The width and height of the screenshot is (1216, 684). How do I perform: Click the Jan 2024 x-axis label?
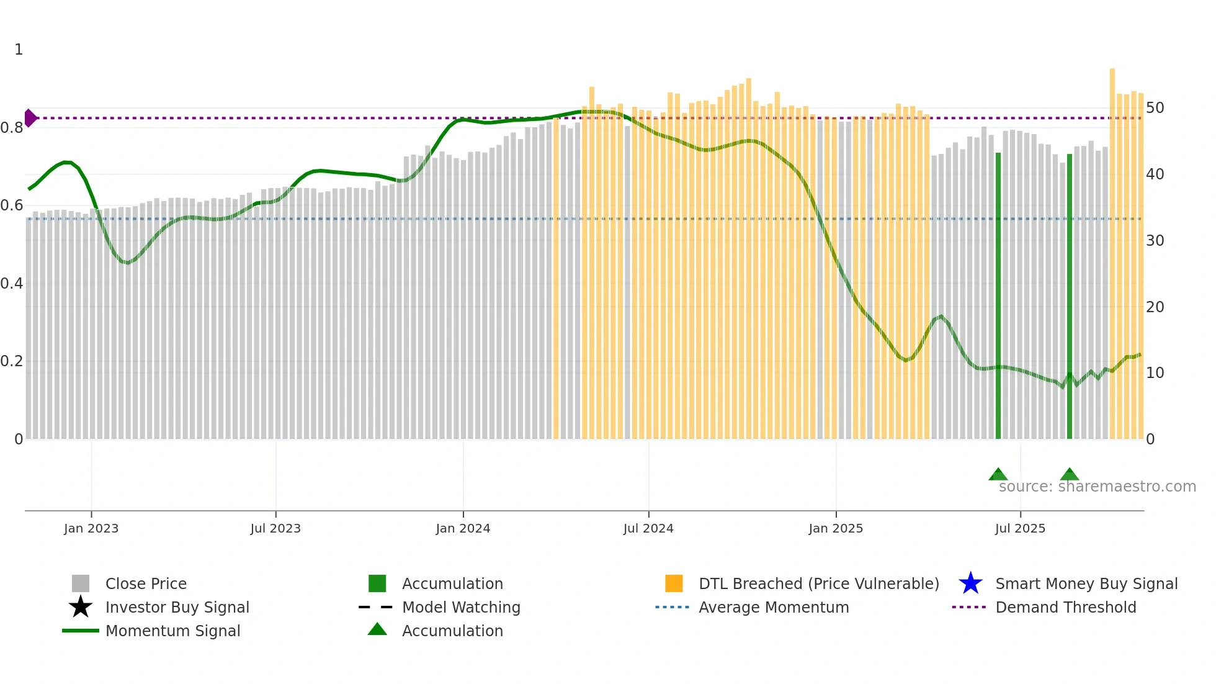(x=463, y=528)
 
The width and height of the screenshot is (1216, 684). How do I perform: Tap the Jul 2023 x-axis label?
(x=275, y=528)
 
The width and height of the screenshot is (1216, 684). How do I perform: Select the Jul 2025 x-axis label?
(x=1020, y=528)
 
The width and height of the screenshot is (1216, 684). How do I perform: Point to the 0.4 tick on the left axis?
(x=12, y=284)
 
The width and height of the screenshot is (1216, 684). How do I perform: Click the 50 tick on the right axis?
(x=1155, y=108)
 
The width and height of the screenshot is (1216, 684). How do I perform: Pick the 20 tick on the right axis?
(x=1155, y=307)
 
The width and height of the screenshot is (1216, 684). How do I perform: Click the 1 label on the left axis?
(x=19, y=50)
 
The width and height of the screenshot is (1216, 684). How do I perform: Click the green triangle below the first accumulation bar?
(x=998, y=475)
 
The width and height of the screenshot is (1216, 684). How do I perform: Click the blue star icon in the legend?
(x=970, y=583)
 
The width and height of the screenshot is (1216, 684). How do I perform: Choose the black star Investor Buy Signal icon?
(x=81, y=607)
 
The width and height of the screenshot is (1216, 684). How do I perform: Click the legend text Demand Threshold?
(x=1066, y=607)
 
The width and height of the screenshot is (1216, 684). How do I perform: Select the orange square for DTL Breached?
(x=674, y=583)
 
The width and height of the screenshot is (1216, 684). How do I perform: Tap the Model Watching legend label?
(x=461, y=607)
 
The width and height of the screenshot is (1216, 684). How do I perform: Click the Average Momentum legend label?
(x=774, y=607)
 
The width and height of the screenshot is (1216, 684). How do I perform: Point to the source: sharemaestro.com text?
(x=1097, y=487)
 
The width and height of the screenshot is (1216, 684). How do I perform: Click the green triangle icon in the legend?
(x=377, y=629)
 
